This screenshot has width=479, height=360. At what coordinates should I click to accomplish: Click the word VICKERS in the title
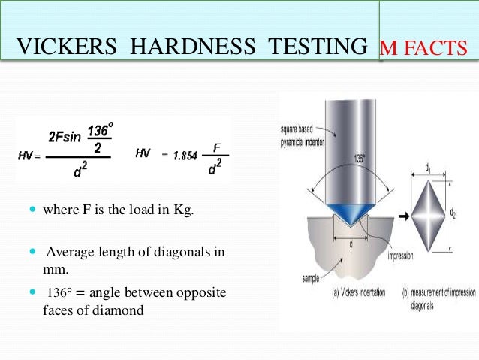click(67, 47)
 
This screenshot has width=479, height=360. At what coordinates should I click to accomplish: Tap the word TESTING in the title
click(315, 47)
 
